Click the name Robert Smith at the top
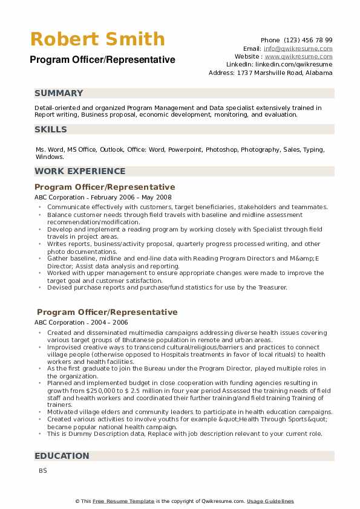(x=97, y=39)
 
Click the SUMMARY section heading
(x=59, y=93)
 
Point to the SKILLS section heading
(x=51, y=129)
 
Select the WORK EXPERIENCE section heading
(x=80, y=171)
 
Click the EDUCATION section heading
(x=62, y=456)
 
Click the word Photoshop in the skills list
(x=221, y=149)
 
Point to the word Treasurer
(x=271, y=287)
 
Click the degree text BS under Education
(x=42, y=470)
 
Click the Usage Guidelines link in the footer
(x=270, y=501)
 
